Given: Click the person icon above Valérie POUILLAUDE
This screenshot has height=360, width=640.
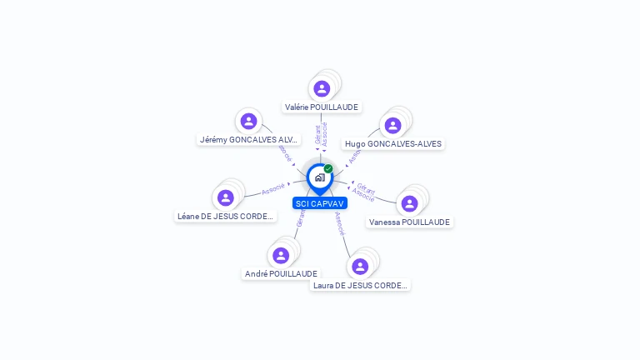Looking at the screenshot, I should tap(322, 88).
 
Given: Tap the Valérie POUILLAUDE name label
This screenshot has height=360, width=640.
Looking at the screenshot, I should tap(322, 107).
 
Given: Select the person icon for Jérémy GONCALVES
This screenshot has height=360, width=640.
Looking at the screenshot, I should tap(248, 122).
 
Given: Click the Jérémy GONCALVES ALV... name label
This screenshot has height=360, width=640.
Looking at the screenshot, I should tap(248, 139).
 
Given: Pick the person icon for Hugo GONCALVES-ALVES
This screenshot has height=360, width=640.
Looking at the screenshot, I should tap(392, 125).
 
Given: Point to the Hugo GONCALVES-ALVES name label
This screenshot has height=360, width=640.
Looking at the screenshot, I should tap(393, 143).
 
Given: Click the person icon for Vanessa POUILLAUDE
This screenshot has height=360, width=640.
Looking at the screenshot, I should tap(409, 203).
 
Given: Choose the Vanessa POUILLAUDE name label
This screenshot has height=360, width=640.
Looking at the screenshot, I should tap(409, 222).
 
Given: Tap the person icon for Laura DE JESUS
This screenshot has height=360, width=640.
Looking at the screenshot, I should tap(360, 267).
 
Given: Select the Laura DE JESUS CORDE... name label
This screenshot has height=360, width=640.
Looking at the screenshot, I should tap(361, 285).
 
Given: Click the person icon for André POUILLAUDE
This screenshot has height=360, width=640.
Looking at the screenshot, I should tap(281, 255).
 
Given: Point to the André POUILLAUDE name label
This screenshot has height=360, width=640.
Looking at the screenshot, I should tap(281, 273).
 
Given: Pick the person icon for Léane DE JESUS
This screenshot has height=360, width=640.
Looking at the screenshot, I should tap(225, 197).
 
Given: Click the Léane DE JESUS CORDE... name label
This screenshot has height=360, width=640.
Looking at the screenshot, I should tap(225, 216).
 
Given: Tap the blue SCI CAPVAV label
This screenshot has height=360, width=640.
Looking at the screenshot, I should tap(320, 203).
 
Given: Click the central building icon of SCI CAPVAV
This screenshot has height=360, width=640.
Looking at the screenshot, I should tap(320, 177).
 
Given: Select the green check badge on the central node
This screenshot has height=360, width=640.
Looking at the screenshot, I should tap(328, 168).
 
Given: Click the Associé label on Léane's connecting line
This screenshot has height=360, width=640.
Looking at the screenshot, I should tap(273, 189).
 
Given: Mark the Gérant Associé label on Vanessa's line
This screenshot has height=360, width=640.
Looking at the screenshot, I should tap(364, 191).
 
